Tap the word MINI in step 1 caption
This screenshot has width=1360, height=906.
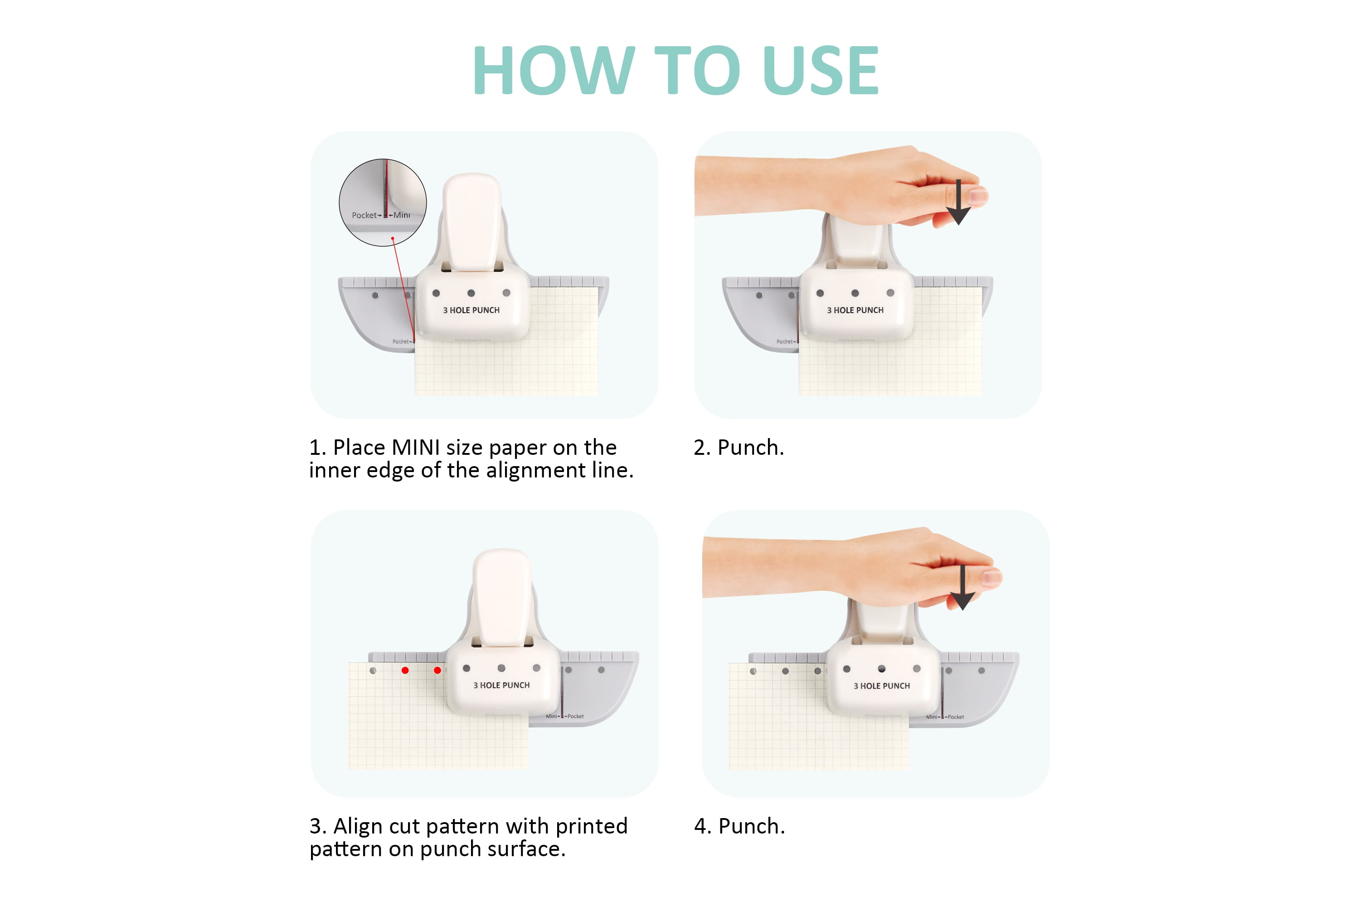pyautogui.click(x=416, y=448)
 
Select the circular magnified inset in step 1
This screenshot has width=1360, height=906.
pyautogui.click(x=383, y=203)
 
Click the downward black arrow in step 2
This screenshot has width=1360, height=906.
pyautogui.click(x=958, y=202)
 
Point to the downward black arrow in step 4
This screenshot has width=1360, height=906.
pyautogui.click(x=962, y=588)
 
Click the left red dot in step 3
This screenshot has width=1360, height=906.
pyautogui.click(x=405, y=670)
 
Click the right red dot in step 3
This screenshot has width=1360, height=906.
pyautogui.click(x=437, y=670)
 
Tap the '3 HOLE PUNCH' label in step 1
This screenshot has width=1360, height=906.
pyautogui.click(x=471, y=310)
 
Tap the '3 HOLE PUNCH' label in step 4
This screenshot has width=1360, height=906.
pyautogui.click(x=882, y=686)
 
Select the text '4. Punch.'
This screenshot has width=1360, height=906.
pyautogui.click(x=739, y=826)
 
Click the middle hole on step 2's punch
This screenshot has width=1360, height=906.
pyautogui.click(x=855, y=293)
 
